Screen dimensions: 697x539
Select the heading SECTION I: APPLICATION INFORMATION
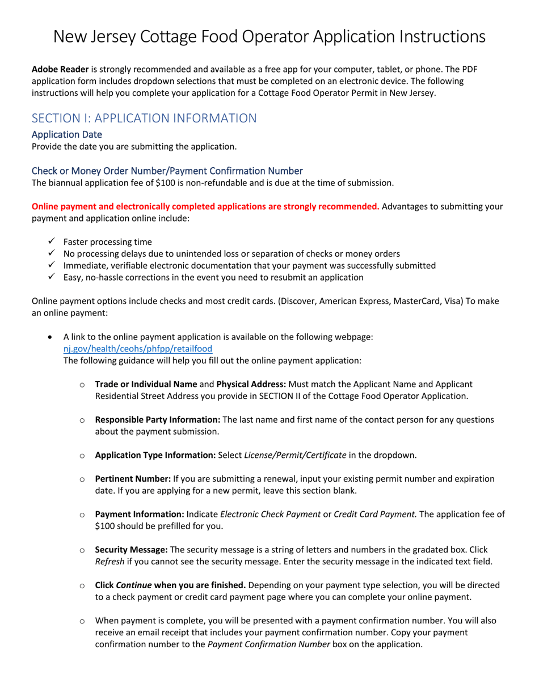coord(144,118)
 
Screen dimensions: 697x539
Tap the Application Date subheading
coord(67,135)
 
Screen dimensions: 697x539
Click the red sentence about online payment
coord(205,206)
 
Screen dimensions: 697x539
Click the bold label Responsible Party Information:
coord(158,420)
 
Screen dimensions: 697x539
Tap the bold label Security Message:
coord(131,550)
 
